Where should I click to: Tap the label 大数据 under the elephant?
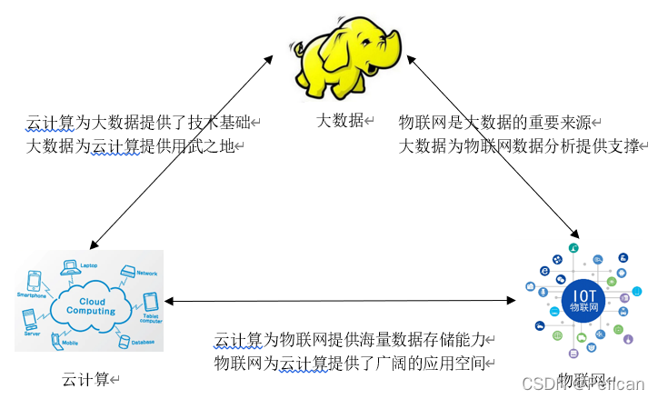[339, 120]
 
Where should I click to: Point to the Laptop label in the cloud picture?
[88, 265]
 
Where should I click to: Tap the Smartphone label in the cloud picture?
[30, 295]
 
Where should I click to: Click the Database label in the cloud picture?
[141, 343]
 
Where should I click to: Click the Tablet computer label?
[150, 318]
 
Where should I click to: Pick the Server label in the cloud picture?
[31, 334]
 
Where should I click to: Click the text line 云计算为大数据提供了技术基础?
[138, 122]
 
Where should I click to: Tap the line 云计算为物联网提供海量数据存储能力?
[350, 341]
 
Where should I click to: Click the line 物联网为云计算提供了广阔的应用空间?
[350, 364]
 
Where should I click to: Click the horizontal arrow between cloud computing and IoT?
[336, 300]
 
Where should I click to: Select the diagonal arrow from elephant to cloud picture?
[182, 150]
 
